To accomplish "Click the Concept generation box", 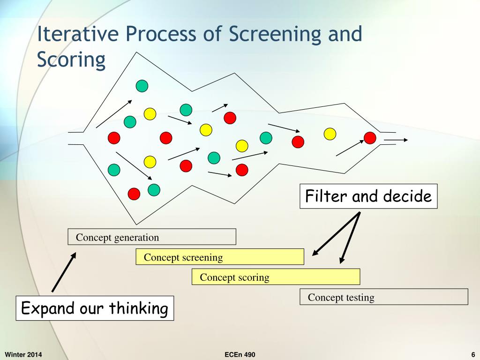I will click(151, 237).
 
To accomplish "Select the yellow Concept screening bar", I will click(219, 257).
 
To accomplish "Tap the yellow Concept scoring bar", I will click(276, 277).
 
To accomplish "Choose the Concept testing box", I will click(383, 297).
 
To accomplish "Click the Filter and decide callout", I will click(368, 196).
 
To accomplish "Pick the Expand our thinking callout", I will click(95, 308).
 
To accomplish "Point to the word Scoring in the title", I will click(71, 60).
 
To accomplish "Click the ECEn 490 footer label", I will click(240, 354).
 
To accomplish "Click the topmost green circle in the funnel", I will click(142, 86).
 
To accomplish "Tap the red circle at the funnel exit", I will click(370, 138).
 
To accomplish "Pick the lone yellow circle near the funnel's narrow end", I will click(330, 134).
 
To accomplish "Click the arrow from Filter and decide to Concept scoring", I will click(351, 237).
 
